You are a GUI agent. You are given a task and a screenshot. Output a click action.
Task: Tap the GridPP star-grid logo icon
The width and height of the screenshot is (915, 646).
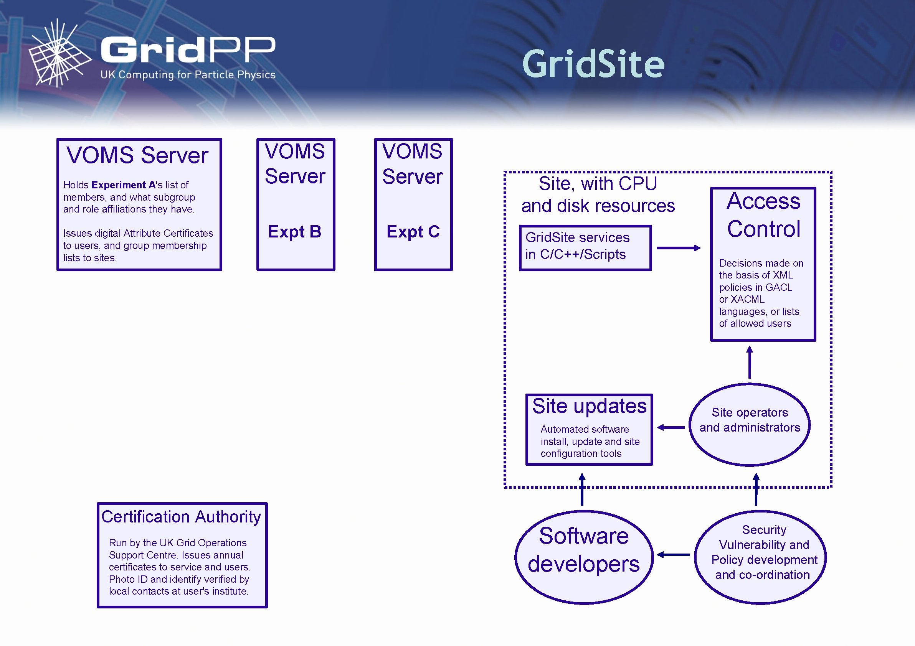[x=60, y=54]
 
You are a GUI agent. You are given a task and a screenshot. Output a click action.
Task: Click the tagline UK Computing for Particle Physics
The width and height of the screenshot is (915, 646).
[x=188, y=75]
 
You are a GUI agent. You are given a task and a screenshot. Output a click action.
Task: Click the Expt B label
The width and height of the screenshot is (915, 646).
[x=294, y=231]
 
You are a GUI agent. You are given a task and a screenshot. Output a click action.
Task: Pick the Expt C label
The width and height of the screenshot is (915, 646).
[x=413, y=231]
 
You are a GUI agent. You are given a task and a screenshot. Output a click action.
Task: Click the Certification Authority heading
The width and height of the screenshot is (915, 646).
[x=181, y=517]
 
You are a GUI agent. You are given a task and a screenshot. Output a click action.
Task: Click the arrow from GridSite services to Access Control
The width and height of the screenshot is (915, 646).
[x=678, y=248]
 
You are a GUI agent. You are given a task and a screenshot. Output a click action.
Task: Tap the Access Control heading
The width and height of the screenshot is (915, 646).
[x=763, y=215]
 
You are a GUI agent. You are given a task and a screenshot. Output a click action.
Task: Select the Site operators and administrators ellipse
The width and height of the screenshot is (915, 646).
[x=749, y=424]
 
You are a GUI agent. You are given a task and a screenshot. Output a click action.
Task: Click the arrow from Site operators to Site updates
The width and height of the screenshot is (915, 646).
[x=671, y=427]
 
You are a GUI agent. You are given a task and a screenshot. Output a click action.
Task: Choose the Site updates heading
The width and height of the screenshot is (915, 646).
[x=589, y=406]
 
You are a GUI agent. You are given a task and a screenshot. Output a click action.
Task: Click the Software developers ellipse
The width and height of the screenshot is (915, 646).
[x=584, y=557]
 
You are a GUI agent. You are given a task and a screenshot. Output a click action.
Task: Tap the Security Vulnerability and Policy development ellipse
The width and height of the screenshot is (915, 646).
[x=760, y=557]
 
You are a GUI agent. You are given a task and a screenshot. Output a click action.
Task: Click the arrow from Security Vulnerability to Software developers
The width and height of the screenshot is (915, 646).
[x=674, y=554]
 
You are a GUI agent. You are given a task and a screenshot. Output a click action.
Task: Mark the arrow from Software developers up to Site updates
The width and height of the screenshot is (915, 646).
[x=582, y=489]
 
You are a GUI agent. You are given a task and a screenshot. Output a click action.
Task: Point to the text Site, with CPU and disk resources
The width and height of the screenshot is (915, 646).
[x=598, y=195]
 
